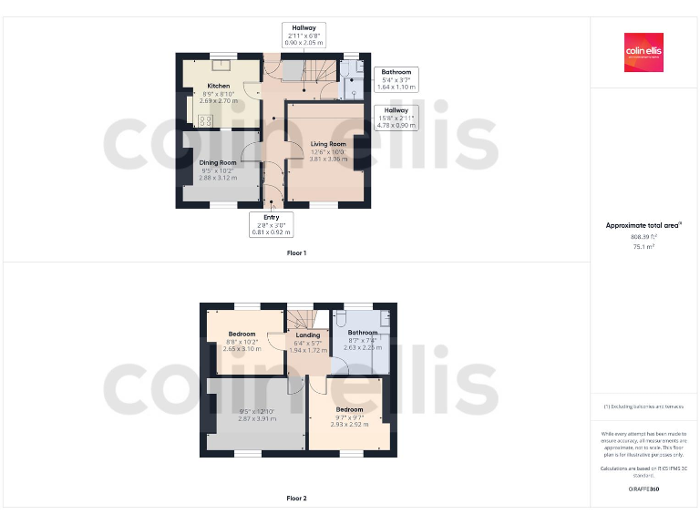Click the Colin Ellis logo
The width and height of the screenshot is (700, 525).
643,52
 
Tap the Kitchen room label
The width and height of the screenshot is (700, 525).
218,87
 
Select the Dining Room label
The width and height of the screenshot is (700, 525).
218,162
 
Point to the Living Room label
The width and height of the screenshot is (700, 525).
328,144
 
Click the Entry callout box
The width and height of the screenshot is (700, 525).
271,224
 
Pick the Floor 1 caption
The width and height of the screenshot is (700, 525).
296,252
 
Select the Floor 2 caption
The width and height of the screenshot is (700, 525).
296,499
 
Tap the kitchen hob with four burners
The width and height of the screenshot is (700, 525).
206,119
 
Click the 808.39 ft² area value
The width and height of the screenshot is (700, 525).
643,235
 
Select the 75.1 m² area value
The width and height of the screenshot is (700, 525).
643,246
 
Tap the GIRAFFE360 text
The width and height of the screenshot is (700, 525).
643,489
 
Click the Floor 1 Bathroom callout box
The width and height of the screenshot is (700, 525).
396,78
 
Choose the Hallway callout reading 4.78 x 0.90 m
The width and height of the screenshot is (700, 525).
396,117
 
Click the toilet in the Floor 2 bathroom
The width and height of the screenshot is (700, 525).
339,320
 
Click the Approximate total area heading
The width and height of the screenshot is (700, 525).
643,224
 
